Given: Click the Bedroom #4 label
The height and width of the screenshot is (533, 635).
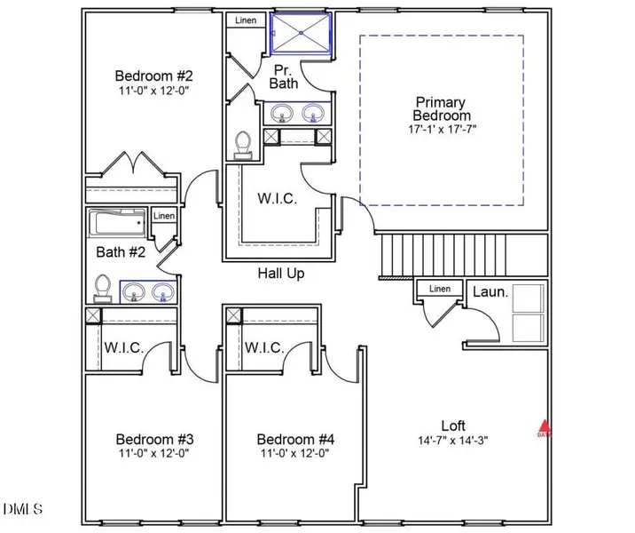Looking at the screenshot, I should [295, 439].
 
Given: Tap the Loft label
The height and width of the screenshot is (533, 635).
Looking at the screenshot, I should [453, 426].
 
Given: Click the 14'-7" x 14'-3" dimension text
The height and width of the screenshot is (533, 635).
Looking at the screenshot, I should [453, 440].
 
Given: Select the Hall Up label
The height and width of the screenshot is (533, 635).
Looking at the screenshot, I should [281, 274].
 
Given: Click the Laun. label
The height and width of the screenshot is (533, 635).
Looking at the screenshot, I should [490, 291].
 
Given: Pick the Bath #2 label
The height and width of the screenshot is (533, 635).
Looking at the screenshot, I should [121, 252].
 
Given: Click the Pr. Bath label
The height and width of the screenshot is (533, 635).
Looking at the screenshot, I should [283, 76].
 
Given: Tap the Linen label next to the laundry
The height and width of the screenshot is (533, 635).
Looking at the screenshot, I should [440, 289].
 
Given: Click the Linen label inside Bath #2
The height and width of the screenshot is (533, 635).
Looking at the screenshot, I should [164, 216].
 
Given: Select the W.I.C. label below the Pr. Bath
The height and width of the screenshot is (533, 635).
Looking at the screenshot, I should [278, 199].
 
